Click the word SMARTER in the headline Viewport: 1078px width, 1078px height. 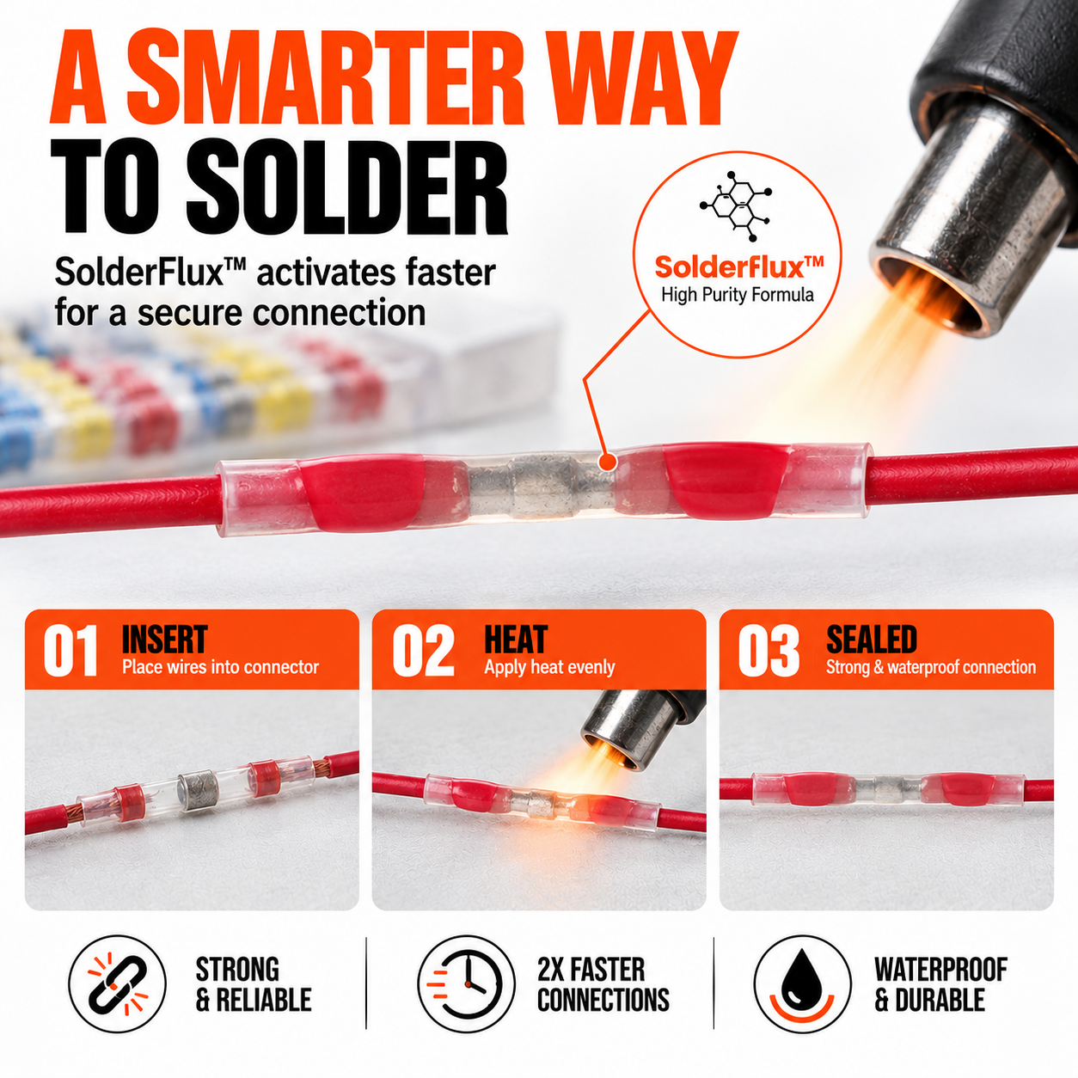tap(326, 77)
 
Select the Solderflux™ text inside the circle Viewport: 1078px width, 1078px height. tap(739, 266)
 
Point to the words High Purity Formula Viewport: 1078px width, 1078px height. tap(738, 295)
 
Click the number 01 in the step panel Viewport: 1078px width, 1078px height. tap(70, 651)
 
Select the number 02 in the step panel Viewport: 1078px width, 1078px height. tap(424, 651)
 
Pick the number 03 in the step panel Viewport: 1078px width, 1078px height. tap(769, 651)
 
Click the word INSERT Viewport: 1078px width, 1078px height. tap(164, 640)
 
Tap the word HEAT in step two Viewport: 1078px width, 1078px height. tap(515, 640)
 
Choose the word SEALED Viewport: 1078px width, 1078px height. tap(871, 640)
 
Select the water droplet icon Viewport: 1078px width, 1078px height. tap(802, 977)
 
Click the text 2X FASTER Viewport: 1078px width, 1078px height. tap(591, 970)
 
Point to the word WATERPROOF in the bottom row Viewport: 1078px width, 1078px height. tap(940, 970)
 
